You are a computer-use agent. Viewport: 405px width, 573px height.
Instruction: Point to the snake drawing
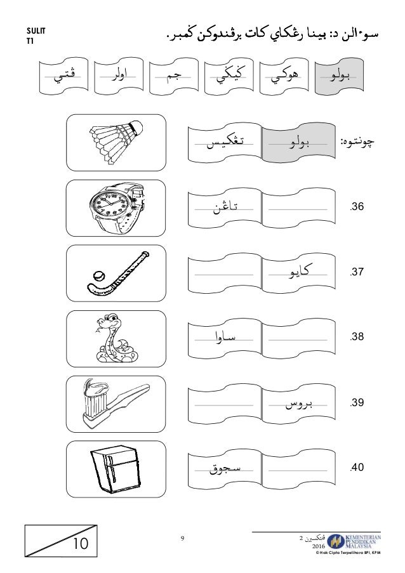coord(112,336)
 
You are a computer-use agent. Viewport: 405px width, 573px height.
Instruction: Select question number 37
coord(357,272)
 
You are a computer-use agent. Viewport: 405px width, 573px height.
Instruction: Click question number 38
coord(357,338)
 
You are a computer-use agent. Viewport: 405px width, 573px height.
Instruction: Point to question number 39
coord(357,403)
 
